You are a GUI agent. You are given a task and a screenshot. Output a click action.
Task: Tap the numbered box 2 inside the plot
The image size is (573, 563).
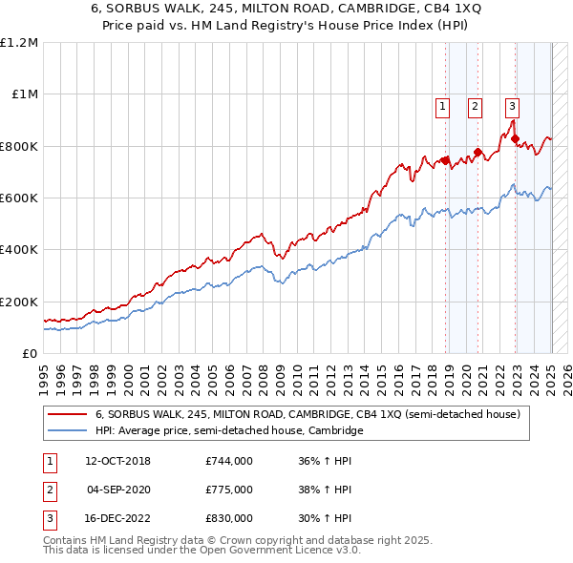coord(475,107)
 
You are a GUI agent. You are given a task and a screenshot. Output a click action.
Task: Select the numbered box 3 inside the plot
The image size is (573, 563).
coord(513,107)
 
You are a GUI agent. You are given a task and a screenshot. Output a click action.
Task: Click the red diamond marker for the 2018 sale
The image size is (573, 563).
coord(445,160)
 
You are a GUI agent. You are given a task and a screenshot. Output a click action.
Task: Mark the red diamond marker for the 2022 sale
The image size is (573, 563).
coord(516,138)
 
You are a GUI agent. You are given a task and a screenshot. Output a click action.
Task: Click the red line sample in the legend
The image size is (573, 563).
coord(68,415)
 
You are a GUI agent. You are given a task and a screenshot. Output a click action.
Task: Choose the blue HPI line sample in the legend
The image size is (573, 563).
coord(68,431)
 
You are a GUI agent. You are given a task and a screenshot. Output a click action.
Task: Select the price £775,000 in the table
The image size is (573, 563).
coord(229,490)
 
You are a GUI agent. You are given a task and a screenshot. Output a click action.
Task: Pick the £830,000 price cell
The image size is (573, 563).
coord(229,518)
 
